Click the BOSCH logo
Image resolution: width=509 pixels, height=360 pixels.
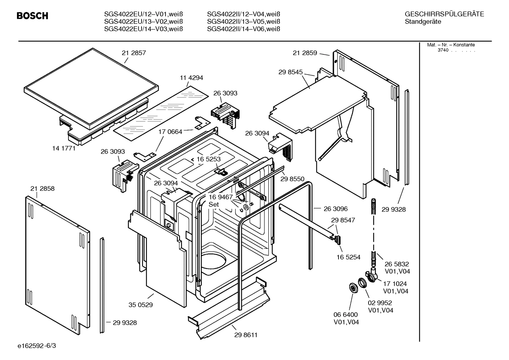point(32,16)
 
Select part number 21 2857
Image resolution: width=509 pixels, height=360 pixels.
point(134,53)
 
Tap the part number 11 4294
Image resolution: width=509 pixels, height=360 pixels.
point(191,78)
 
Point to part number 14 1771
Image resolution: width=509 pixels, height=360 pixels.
point(64,148)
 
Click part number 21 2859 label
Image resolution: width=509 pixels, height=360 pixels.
point(305,53)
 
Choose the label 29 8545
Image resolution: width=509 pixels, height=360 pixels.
point(291,72)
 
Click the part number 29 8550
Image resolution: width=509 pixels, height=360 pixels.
point(292,179)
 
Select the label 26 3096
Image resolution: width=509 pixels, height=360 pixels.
point(336,209)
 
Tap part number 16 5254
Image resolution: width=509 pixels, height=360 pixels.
point(348,257)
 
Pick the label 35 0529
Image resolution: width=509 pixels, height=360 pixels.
point(140,305)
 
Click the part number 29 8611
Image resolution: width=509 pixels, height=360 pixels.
point(246,335)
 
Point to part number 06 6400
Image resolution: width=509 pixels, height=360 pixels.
point(346,314)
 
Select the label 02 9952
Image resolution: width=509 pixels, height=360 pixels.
point(380,303)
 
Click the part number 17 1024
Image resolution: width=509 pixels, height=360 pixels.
point(395,284)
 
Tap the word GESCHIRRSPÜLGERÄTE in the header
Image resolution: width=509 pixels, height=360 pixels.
point(444,14)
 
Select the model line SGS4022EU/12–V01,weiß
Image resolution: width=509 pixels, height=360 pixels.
point(143,14)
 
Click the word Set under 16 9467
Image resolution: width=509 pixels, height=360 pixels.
point(214,205)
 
